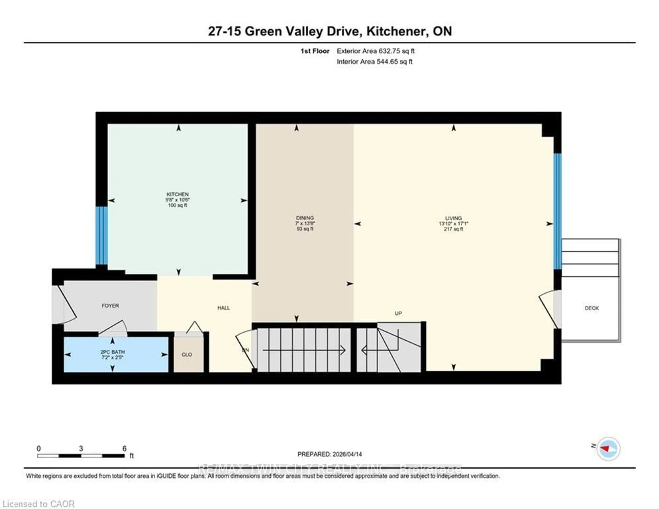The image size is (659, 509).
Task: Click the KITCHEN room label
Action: tap(177, 194)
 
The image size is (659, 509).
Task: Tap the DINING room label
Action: tap(305, 218)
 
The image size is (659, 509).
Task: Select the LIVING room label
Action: tap(453, 218)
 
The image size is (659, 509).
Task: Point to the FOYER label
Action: tap(110, 306)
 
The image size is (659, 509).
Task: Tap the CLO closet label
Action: tap(187, 354)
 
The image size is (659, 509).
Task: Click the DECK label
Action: tap(591, 308)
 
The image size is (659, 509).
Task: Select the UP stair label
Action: tap(398, 313)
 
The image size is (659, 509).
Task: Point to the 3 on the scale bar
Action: tap(81, 449)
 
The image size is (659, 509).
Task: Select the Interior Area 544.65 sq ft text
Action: tap(374, 62)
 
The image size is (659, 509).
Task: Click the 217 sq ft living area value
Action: tap(453, 229)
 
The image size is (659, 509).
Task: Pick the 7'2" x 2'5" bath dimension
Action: tap(113, 357)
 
